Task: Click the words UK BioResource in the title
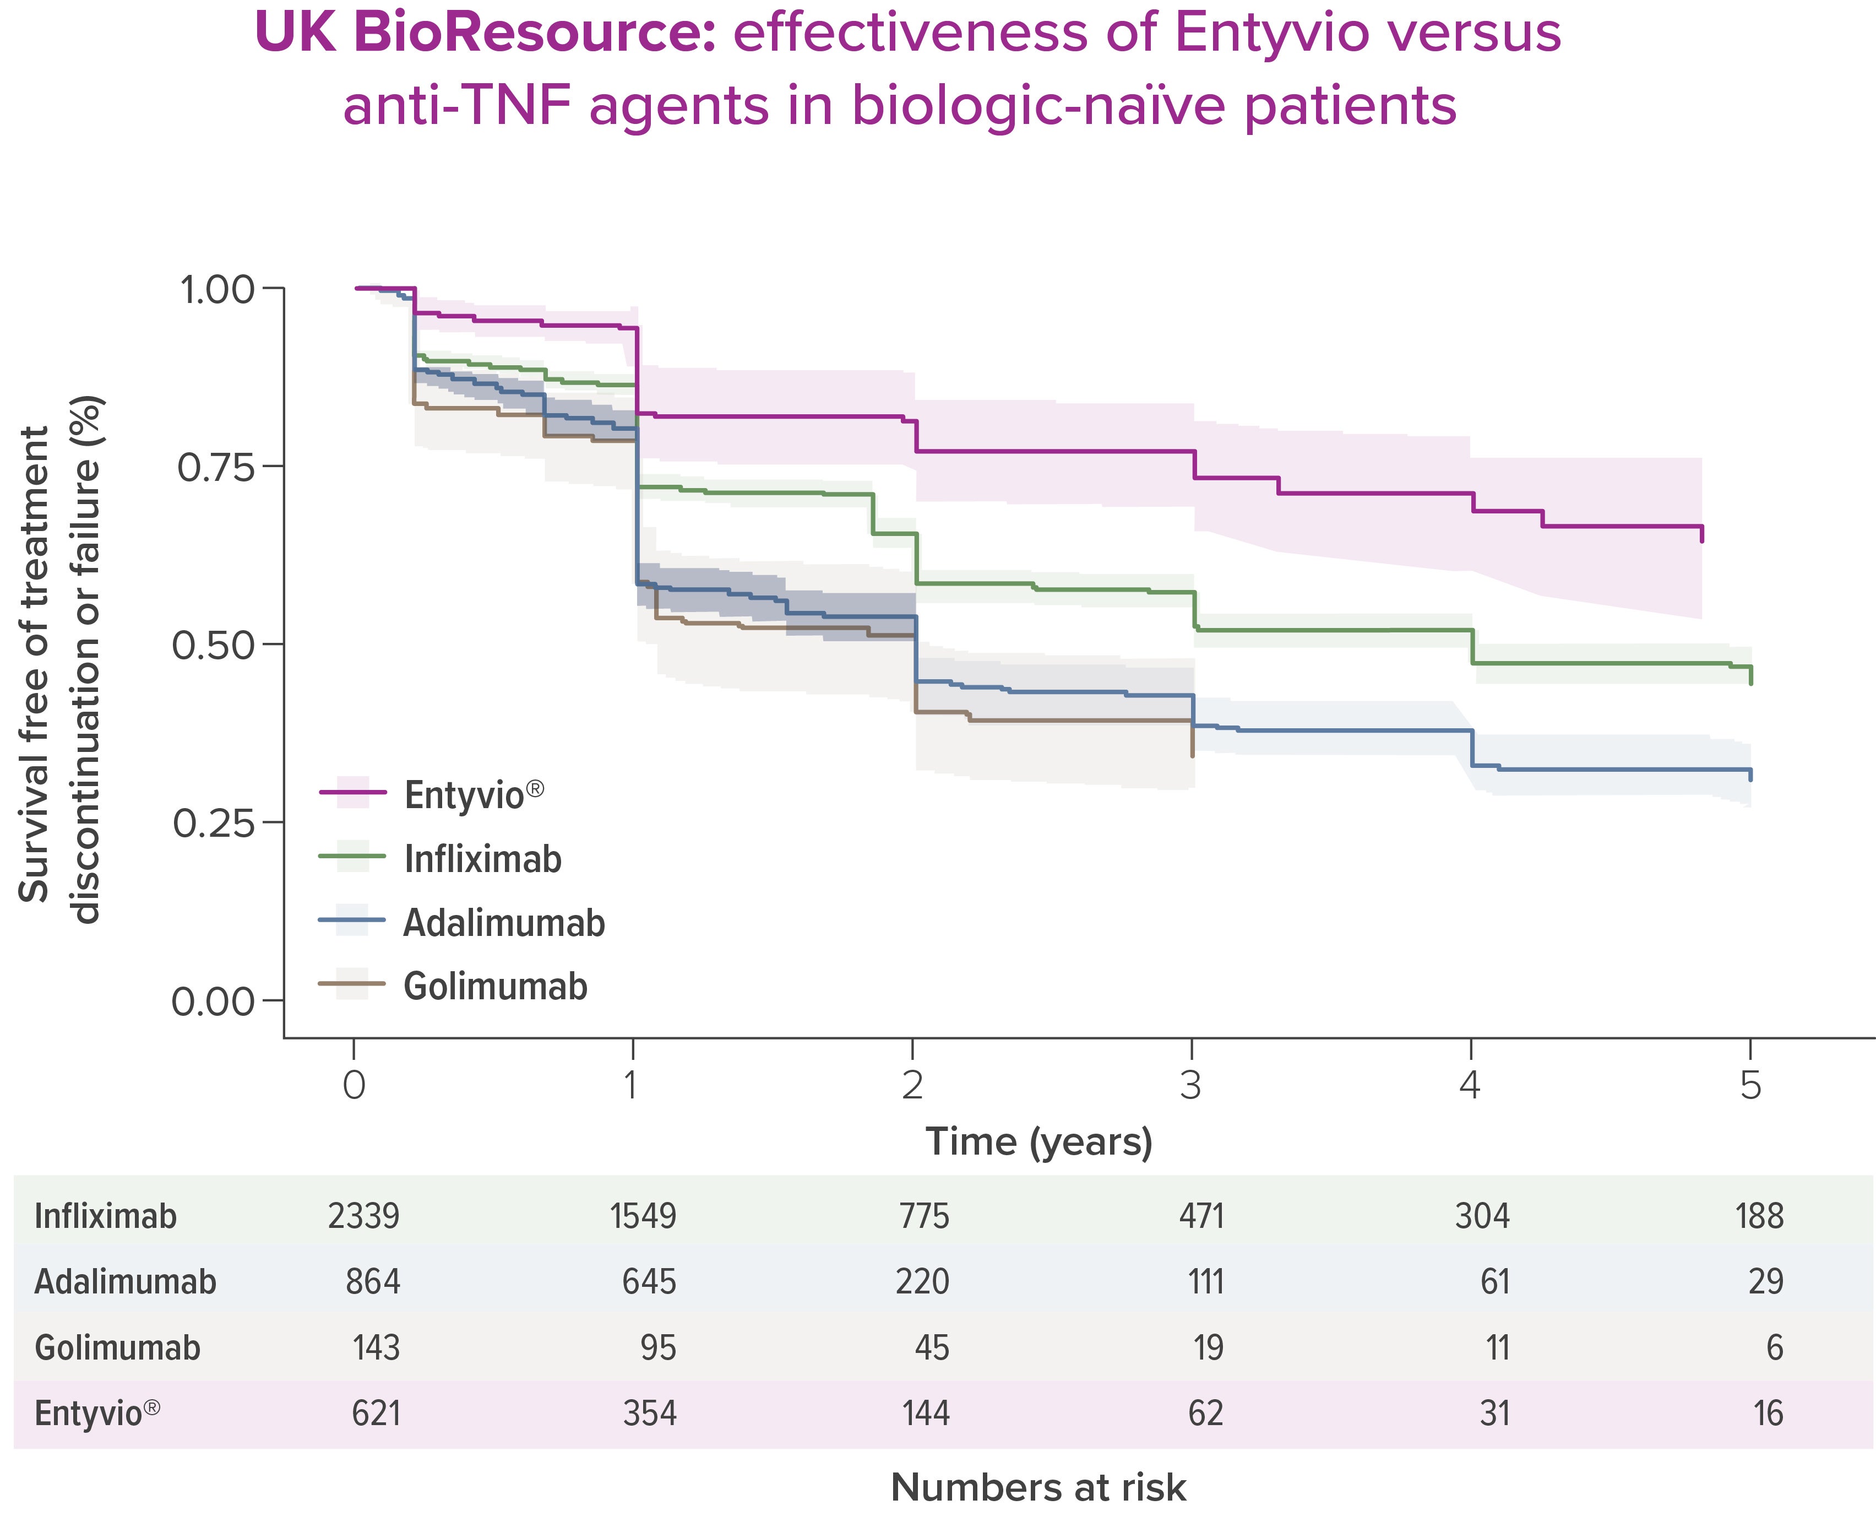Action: (485, 33)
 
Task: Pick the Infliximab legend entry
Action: (482, 859)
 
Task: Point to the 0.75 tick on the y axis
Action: (216, 467)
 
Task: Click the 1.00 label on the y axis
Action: (216, 290)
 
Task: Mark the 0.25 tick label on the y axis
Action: (216, 822)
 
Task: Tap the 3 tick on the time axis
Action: (1192, 1085)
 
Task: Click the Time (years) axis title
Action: (1039, 1141)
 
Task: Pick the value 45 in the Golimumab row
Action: (932, 1347)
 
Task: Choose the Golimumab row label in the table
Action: (117, 1347)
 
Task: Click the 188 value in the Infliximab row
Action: (1759, 1216)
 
